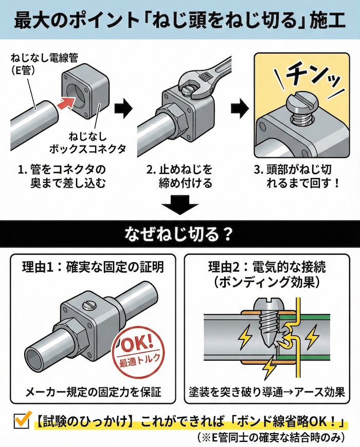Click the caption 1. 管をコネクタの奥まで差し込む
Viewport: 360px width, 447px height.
pyautogui.click(x=65, y=176)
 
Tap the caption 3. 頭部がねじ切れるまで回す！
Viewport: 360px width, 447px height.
pyautogui.click(x=299, y=176)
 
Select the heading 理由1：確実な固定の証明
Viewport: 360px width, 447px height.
pyautogui.click(x=93, y=267)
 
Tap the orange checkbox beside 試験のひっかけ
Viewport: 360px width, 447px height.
pyautogui.click(x=21, y=421)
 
